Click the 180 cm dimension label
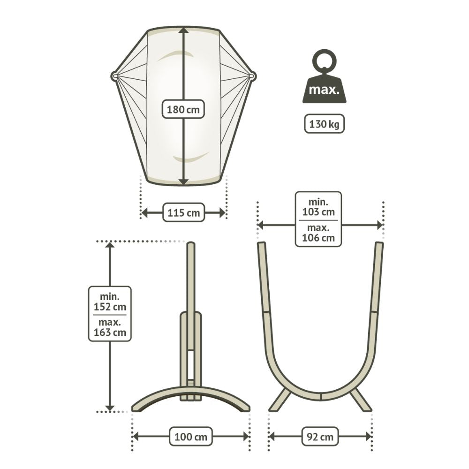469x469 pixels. coord(183,109)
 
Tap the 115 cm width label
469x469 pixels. coord(183,212)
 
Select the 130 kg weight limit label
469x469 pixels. coord(324,123)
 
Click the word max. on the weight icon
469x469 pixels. coord(324,90)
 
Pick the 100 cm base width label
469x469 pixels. coord(190,436)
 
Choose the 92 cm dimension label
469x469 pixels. coord(320,436)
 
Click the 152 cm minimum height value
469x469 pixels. coord(110,307)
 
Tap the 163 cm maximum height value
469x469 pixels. coord(110,332)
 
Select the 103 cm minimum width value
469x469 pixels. coord(318,212)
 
